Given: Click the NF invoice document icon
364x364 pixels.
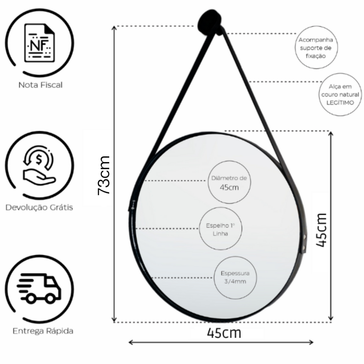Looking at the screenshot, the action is coord(40,43).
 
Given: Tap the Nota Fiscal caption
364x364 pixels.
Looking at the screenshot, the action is coord(41,85).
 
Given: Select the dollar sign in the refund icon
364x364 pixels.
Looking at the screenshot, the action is coord(39,160).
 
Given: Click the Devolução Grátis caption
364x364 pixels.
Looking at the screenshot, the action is coord(39,207).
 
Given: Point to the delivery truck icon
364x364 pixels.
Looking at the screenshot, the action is coord(39,288).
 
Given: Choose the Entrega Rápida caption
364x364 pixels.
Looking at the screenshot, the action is coord(43,331).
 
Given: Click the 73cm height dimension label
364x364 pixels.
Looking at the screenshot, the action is coord(104,176).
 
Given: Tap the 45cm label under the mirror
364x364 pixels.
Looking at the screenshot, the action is coord(224,333).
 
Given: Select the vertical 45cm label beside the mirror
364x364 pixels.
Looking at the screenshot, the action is coord(321,230).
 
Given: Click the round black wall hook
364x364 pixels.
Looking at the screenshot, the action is coord(210,23).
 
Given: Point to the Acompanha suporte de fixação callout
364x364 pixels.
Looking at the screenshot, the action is coord(316,48).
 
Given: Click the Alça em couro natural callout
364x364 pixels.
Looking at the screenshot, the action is coord(340,95).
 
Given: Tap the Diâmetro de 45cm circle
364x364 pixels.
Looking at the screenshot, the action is coord(229,182).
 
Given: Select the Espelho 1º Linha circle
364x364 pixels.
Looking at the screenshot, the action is coord(220,229).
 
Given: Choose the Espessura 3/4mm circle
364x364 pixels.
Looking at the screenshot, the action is coord(235,277).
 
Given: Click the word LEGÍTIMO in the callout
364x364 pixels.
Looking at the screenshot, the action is coord(340,103).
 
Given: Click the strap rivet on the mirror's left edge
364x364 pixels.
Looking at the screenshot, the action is coord(133,205).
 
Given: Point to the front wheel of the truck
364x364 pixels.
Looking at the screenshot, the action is coord(50,298).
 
